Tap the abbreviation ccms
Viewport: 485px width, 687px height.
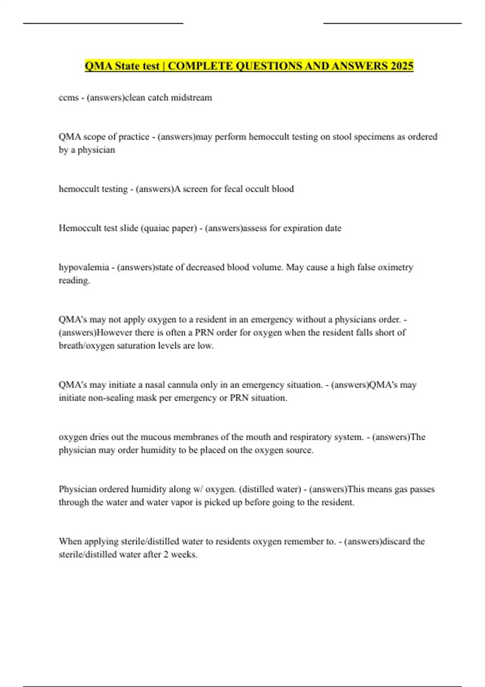[68, 98]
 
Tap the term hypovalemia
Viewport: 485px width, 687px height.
[84, 268]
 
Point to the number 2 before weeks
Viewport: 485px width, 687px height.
[166, 555]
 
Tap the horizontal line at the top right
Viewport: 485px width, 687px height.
[392, 23]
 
